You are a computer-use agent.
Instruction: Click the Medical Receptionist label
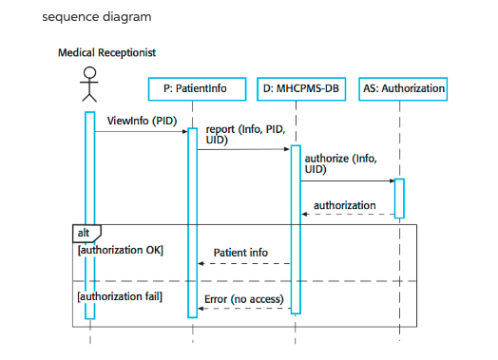coord(107,52)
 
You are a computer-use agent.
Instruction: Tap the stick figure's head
coord(88,74)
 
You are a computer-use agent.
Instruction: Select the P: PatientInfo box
coord(194,88)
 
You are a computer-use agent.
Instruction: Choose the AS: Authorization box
coord(403,88)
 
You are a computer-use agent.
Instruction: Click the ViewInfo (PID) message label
coord(140,121)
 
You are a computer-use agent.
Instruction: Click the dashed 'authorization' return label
coord(344,204)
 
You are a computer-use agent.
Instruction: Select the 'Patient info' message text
coord(239,254)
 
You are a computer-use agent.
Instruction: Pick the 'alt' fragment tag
coord(85,231)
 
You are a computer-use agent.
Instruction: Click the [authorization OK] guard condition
coord(120,250)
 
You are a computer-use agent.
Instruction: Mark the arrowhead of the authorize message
coord(391,180)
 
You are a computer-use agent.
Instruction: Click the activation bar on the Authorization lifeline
coord(400,197)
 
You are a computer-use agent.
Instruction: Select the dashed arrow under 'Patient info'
coord(243,264)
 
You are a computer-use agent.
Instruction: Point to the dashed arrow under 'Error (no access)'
coord(243,310)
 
